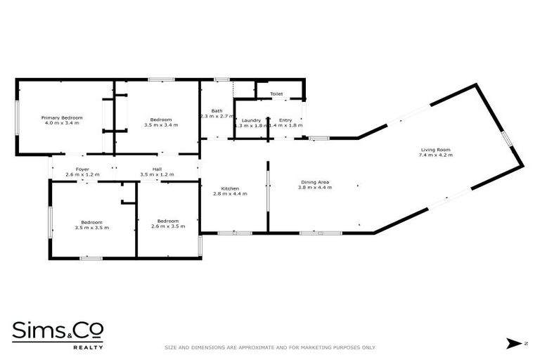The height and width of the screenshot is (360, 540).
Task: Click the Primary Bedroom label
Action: (x=62, y=117)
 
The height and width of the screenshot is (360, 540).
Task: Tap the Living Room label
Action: (x=435, y=149)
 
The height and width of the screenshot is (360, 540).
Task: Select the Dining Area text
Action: (x=314, y=182)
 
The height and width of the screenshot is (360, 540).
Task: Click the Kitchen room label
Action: (x=231, y=188)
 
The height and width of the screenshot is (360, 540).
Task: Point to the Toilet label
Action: (x=276, y=94)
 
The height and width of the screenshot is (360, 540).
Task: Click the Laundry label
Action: (x=251, y=120)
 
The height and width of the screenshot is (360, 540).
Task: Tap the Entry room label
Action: (x=285, y=120)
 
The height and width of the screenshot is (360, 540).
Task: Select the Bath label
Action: (x=217, y=111)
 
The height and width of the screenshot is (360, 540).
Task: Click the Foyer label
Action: (x=82, y=169)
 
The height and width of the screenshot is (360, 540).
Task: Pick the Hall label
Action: (x=157, y=169)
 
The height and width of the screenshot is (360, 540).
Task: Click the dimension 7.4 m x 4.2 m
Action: (x=435, y=155)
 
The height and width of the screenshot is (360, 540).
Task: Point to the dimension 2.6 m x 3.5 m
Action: (x=168, y=226)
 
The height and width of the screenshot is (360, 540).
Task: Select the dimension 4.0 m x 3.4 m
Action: (x=62, y=123)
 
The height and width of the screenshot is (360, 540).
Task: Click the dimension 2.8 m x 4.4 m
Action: (x=231, y=194)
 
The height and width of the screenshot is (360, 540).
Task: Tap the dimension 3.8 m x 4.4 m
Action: (x=314, y=188)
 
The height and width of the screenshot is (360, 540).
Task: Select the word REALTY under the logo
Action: (x=89, y=347)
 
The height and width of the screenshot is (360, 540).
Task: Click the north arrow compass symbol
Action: (x=514, y=343)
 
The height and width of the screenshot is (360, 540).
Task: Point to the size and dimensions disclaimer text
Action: (x=270, y=347)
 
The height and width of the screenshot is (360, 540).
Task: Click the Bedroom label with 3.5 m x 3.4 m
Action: (x=161, y=120)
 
